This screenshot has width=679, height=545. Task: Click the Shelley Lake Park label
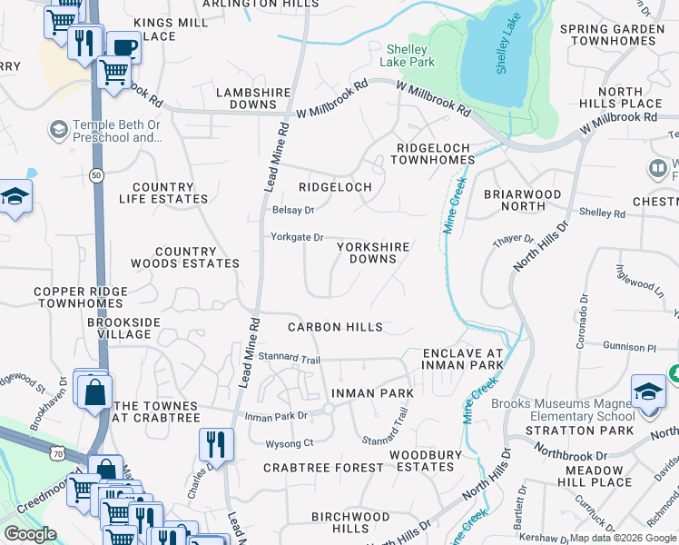[x=410, y=55]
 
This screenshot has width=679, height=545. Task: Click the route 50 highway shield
[x=96, y=173]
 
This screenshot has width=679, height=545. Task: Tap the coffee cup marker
[x=123, y=47]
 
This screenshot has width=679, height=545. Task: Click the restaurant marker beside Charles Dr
[x=216, y=444]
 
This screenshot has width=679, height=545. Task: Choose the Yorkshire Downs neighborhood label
[x=373, y=253]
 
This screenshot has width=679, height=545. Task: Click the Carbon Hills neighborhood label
[x=335, y=327]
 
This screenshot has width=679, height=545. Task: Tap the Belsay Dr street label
[x=292, y=210]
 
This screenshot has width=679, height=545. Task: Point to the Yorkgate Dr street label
[x=297, y=237]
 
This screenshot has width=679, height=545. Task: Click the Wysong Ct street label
[x=289, y=443]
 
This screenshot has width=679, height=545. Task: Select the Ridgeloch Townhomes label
[x=432, y=153]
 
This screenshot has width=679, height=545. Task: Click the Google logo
[x=29, y=534]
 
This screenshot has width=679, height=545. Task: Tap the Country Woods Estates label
[x=185, y=258]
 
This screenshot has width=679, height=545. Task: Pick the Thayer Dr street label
[x=513, y=239]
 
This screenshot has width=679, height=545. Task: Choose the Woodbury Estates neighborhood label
[x=421, y=461]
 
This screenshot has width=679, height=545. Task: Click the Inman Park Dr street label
[x=277, y=416]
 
